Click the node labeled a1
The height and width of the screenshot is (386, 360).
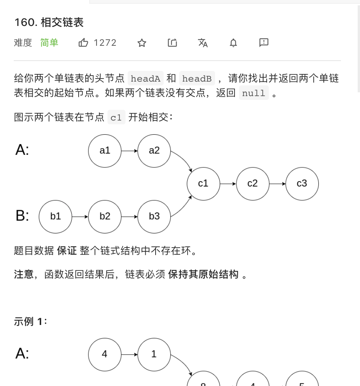(105, 151)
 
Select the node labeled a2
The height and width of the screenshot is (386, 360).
(154, 151)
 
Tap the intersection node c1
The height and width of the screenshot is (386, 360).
(203, 183)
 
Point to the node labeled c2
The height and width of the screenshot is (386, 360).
(252, 183)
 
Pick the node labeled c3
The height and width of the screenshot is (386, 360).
(302, 183)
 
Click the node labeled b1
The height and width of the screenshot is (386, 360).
(56, 216)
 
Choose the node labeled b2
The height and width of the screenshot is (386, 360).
(105, 216)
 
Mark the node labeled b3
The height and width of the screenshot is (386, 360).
(154, 216)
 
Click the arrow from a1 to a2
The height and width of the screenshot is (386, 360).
(130, 151)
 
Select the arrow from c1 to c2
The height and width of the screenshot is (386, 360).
(228, 183)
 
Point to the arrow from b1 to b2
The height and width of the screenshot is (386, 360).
(80, 216)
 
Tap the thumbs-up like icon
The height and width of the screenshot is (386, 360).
(83, 43)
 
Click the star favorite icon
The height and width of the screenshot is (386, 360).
(142, 43)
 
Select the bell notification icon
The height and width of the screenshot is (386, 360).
(233, 43)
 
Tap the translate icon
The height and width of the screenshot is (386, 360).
(203, 43)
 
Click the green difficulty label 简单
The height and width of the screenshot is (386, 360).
(49, 43)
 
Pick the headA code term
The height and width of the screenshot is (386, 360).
(145, 79)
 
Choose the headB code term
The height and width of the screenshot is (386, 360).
(197, 79)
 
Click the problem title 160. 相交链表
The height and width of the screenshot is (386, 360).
(49, 23)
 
